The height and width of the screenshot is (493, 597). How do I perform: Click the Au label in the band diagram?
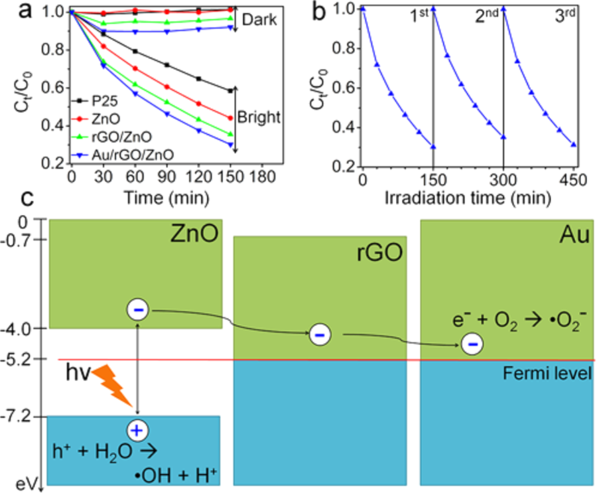tap(574, 236)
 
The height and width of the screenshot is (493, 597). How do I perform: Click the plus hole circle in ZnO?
tap(137, 431)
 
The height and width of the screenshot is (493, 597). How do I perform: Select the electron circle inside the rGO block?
tap(319, 336)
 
